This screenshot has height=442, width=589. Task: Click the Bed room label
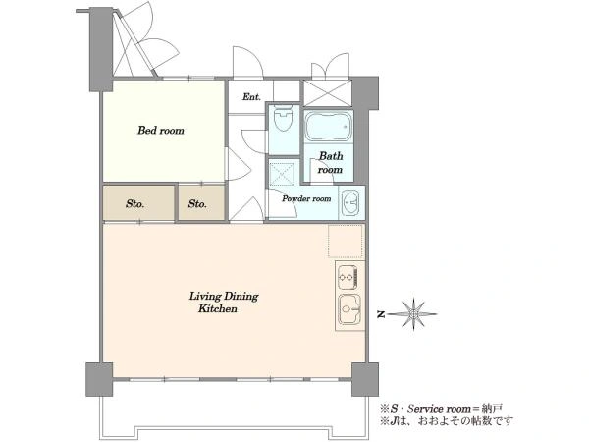click(161, 131)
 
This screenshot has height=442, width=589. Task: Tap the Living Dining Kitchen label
click(224, 303)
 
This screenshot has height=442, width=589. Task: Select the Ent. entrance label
click(251, 97)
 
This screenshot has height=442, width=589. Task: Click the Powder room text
click(306, 198)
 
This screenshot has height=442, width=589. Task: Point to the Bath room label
click(331, 163)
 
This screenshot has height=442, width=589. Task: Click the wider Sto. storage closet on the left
click(139, 202)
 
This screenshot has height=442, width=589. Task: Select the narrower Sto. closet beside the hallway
click(201, 202)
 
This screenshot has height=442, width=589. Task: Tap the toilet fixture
click(284, 118)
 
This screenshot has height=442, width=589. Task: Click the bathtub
click(328, 126)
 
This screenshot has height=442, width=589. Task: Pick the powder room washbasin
click(350, 203)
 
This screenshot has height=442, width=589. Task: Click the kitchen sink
click(349, 309)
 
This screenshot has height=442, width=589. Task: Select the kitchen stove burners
click(348, 277)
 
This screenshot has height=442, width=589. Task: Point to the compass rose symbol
click(413, 314)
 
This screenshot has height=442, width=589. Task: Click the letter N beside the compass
click(381, 314)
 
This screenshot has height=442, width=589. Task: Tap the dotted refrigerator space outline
click(346, 241)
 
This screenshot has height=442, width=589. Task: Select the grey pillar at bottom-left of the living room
click(99, 379)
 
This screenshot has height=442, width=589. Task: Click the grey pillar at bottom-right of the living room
click(365, 379)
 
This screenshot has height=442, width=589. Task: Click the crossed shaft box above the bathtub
click(328, 93)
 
